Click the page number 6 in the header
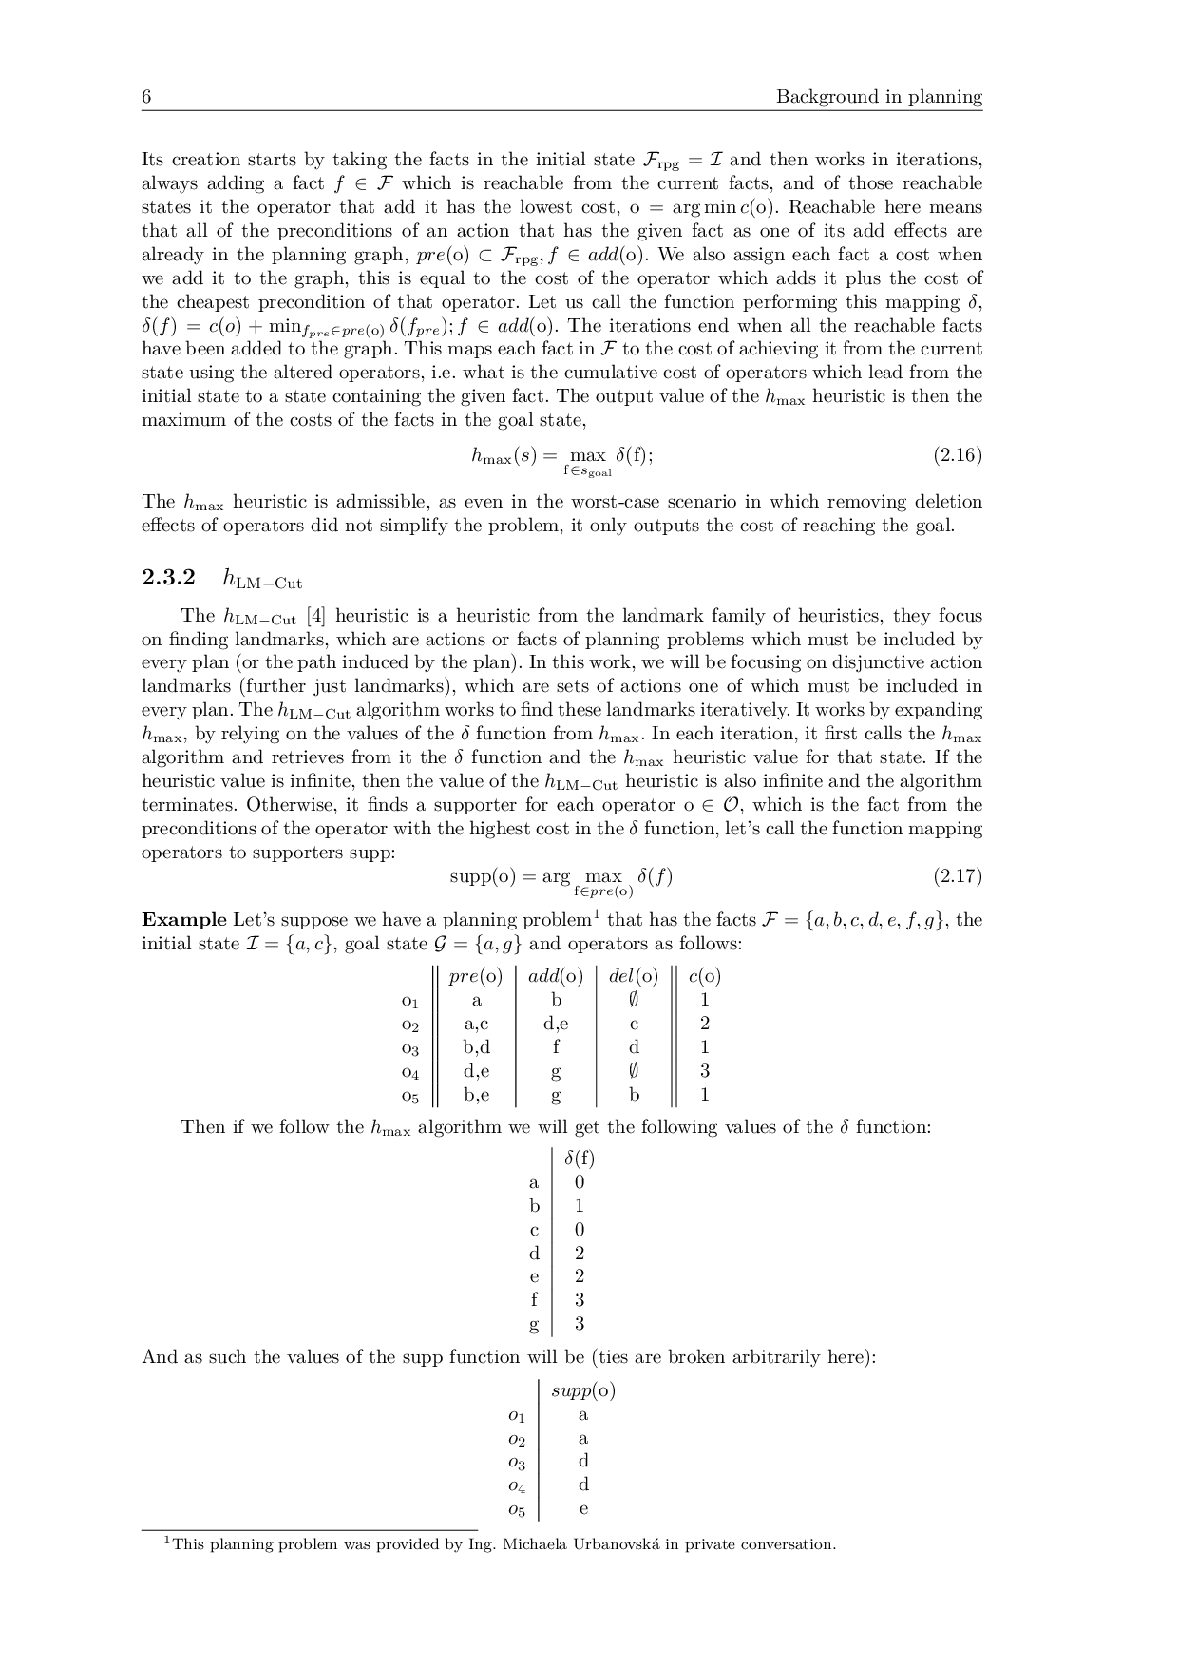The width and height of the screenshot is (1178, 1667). tap(147, 97)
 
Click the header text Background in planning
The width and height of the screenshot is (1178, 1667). tap(879, 97)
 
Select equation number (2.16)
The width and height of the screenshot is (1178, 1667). tap(957, 455)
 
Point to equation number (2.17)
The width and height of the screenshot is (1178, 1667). tap(957, 876)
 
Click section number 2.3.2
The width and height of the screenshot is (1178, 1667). tap(168, 578)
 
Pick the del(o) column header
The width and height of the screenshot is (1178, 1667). tap(633, 976)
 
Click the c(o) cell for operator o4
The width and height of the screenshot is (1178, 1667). tap(704, 1071)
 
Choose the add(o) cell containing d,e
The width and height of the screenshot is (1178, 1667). tap(556, 1024)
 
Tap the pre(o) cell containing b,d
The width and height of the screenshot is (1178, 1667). tap(476, 1047)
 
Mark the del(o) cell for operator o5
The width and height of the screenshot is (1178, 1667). tap(634, 1095)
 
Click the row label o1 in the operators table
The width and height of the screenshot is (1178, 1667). tap(409, 1001)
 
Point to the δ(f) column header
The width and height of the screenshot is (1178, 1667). tap(579, 1159)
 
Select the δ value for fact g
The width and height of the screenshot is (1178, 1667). tap(579, 1324)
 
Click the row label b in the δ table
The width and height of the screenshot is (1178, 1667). tap(534, 1206)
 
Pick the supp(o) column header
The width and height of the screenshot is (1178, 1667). tap(582, 1390)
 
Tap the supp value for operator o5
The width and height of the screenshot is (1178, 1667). tap(583, 1508)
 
